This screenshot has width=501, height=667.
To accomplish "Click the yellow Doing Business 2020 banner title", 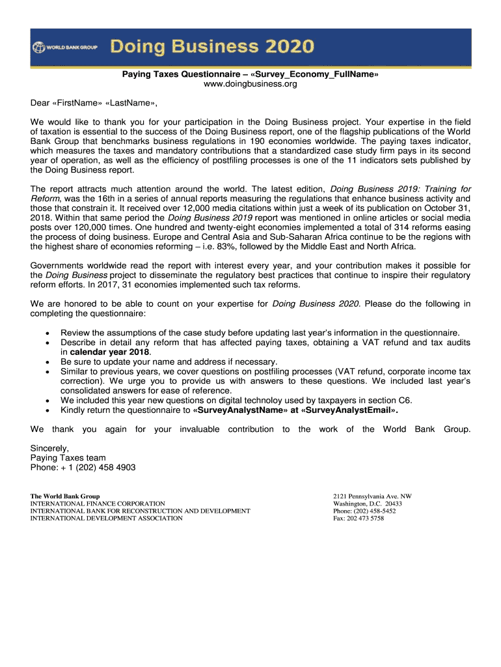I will point(212,47).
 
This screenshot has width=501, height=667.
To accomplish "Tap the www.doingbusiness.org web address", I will point(250,84).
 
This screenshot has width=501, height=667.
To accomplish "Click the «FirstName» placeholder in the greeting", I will point(77,103).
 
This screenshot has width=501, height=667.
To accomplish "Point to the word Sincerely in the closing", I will point(49,448).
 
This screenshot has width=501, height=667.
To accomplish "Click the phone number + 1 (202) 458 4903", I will point(99,467).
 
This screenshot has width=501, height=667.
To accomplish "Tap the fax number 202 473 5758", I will point(365,518).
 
